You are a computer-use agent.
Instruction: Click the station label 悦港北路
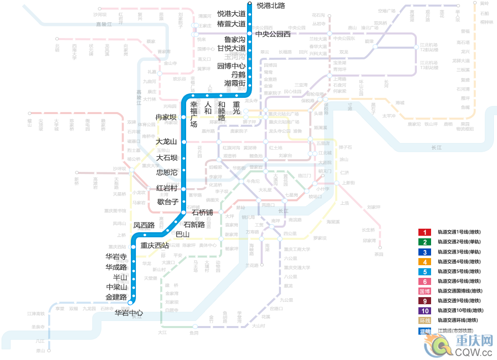(271, 6)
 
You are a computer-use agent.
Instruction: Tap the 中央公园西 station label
(273, 34)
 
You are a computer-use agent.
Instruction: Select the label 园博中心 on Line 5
(231, 66)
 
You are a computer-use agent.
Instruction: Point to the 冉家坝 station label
(166, 118)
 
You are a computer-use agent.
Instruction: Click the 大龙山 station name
(166, 141)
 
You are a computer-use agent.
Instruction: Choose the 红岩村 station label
(167, 188)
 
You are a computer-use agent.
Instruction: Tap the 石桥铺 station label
(202, 212)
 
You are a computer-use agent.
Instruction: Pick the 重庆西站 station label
(155, 245)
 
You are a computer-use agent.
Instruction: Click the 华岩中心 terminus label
(129, 313)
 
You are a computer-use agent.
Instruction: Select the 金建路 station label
(116, 297)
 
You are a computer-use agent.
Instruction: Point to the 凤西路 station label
(144, 225)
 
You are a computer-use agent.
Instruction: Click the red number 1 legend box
(424, 232)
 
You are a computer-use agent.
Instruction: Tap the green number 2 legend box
(424, 242)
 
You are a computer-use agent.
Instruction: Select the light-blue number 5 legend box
(424, 272)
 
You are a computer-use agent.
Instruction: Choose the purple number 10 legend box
(424, 311)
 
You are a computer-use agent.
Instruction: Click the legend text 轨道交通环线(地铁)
(458, 320)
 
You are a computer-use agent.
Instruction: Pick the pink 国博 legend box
(424, 291)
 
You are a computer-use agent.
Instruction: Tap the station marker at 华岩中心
(130, 302)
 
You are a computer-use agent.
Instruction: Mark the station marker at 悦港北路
(249, 5)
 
